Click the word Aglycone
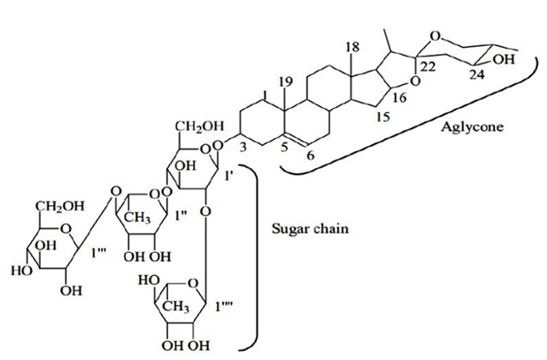[x=473, y=127]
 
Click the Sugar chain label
[x=310, y=229]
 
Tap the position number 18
[x=352, y=48]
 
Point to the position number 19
[x=286, y=82]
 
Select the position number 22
[x=428, y=66]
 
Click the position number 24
[x=476, y=74]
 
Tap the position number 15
[x=382, y=117]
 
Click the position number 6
[x=310, y=155]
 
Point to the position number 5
[x=284, y=148]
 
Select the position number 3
[x=243, y=147]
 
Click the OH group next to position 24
[x=504, y=59]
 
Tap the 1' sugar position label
[x=229, y=176]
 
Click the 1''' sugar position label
[x=99, y=253]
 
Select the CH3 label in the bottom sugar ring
[x=177, y=307]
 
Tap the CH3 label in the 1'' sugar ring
[x=137, y=219]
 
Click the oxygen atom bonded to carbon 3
[x=219, y=144]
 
